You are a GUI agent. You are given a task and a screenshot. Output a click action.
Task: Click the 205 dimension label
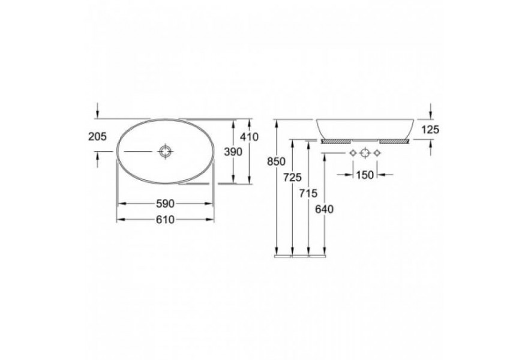(97, 137)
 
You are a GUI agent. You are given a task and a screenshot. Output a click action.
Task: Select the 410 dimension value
(249, 137)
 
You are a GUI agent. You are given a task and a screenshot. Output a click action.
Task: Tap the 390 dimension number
(233, 152)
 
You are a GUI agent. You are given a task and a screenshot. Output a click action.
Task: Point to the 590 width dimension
(165, 203)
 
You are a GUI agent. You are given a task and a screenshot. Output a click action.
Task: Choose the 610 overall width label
(165, 220)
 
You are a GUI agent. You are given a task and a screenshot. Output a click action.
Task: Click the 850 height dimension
(276, 161)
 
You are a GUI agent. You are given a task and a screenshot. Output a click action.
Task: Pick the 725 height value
(292, 177)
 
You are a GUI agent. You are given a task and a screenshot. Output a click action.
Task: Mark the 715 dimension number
(308, 193)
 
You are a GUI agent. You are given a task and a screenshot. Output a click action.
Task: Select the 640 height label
(324, 209)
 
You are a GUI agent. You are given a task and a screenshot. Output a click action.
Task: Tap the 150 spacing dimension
(365, 175)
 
